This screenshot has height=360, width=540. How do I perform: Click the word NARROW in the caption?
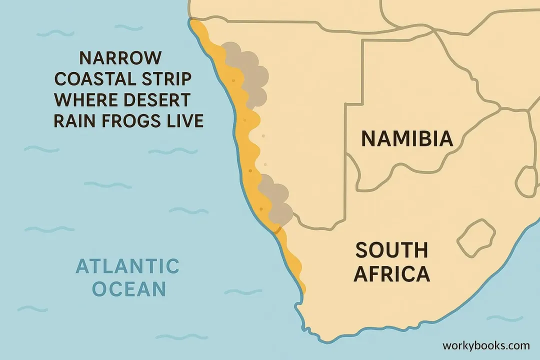click(120, 58)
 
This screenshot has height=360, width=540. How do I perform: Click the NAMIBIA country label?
click(407, 138)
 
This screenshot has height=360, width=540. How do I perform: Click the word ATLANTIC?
click(127, 266)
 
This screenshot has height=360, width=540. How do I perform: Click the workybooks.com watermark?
click(485, 345)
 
